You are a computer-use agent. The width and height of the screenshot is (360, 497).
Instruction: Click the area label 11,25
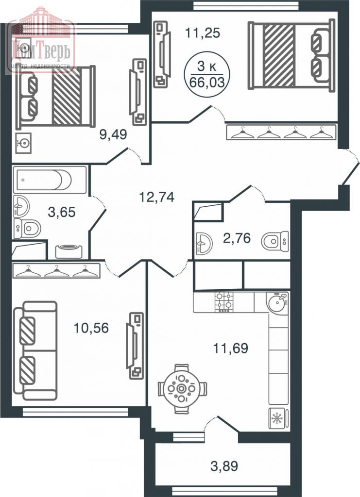(x=203, y=33)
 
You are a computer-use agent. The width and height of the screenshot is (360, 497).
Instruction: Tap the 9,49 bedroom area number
(x=113, y=134)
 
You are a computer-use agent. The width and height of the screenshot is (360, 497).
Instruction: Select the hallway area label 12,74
(x=156, y=197)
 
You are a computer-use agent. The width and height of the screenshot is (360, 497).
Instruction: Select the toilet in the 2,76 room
(x=274, y=240)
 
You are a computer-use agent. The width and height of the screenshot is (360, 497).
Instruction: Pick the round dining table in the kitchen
(x=182, y=388)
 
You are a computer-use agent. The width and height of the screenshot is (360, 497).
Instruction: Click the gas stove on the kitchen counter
(x=223, y=302)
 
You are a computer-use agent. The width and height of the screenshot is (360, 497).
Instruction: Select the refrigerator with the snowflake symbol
(x=278, y=418)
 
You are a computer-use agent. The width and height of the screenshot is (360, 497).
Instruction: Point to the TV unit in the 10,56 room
(x=135, y=345)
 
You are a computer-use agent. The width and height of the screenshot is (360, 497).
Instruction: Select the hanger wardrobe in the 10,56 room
(x=56, y=270)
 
